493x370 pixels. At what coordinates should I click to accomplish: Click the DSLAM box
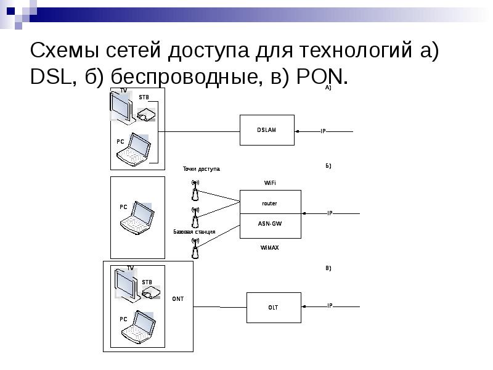pos(267,130)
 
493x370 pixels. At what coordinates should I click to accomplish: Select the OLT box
pos(273,306)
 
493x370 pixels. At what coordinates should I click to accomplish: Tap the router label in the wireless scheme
pos(269,203)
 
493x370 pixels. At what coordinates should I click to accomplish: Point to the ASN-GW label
pos(269,224)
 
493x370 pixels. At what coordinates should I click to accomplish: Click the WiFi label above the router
pos(270,183)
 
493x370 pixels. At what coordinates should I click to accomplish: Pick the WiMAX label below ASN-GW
pos(269,247)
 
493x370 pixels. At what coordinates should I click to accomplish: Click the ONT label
pos(178,299)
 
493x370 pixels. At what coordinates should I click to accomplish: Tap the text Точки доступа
pos(201,169)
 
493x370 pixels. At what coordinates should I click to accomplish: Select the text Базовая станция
pos(194,232)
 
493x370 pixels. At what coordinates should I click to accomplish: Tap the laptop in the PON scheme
pos(137,327)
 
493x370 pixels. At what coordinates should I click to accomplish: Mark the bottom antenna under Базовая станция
pos(195,249)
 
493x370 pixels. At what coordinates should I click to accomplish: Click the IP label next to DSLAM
pos(322,131)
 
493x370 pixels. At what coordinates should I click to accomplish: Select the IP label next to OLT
pos(330,306)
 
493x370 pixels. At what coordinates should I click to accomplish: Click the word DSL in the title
pos(49,76)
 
